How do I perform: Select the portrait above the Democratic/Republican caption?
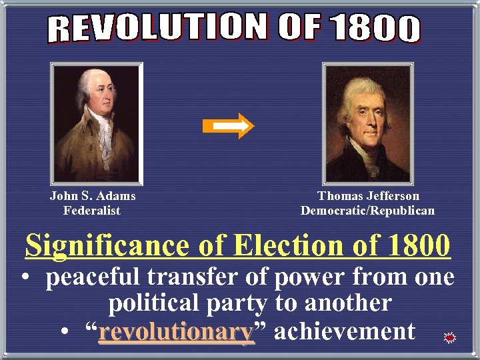coord(367,125)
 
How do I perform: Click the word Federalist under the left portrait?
coord(92,211)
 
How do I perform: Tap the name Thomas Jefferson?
coord(369,196)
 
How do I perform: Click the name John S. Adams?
coord(93,196)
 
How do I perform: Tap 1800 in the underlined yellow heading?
coord(417,246)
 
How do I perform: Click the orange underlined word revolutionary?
coord(176,331)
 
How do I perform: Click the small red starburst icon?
coord(450,339)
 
